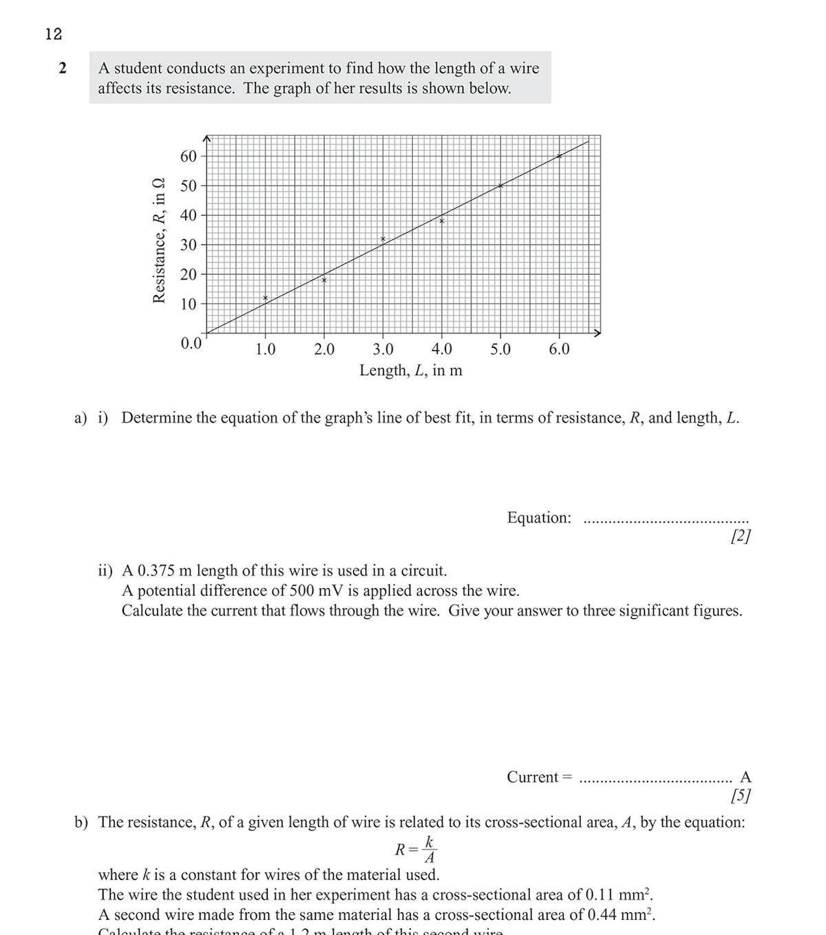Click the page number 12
[x=54, y=34]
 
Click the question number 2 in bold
[x=63, y=68]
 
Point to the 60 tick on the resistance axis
[x=188, y=156]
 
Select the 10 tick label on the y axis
[x=188, y=304]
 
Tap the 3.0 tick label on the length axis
[x=383, y=350]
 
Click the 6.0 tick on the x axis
[x=559, y=350]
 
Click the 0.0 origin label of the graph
[x=191, y=343]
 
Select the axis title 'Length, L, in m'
[x=411, y=370]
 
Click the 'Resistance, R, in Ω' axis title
[x=159, y=240]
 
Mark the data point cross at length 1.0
[x=265, y=298]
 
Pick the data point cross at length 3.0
[x=383, y=239]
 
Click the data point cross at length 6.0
[x=559, y=156]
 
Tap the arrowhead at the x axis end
[x=597, y=333]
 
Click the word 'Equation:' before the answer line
[x=539, y=518]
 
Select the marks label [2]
[x=741, y=536]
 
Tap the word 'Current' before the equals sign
[x=532, y=777]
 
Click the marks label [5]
[x=741, y=796]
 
